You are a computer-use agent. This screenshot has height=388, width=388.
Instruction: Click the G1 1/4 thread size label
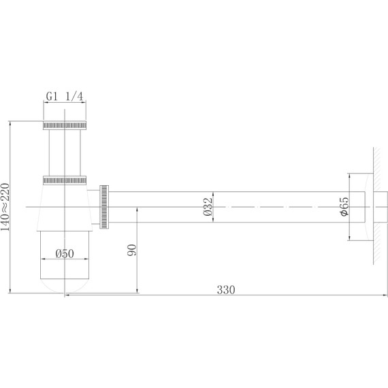[x=65, y=96]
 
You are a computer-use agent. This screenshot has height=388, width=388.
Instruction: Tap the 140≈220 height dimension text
[x=5, y=207]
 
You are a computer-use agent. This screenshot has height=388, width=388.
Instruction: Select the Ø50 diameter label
[x=65, y=254]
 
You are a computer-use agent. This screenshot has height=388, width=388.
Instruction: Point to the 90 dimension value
[x=131, y=250]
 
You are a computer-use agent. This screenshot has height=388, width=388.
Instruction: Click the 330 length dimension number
[x=226, y=290]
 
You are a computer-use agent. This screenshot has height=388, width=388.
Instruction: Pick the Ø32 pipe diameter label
[x=208, y=207]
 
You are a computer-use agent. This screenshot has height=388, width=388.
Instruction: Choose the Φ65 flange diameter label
[x=344, y=207]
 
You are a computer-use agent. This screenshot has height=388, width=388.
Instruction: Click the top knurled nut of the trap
[x=65, y=125]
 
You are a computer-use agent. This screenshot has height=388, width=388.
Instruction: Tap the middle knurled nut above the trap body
[x=65, y=180]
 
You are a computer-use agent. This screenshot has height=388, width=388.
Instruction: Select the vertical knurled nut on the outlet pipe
[x=104, y=207]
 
